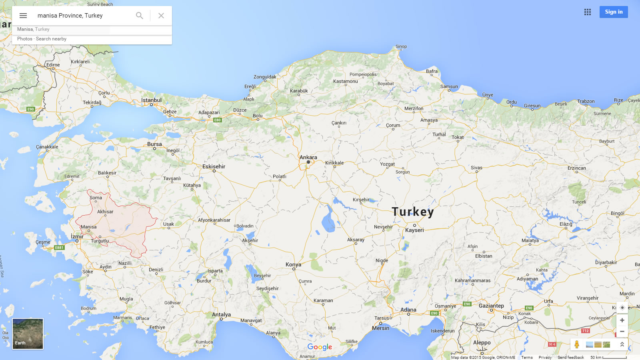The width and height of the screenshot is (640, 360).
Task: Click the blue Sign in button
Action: coord(613,12)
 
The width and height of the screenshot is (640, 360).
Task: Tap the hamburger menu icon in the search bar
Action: coord(23,16)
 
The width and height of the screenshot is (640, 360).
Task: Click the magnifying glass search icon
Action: coord(139,16)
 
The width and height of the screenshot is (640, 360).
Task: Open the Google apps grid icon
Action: coord(587,12)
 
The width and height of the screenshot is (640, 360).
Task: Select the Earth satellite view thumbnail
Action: coord(28,334)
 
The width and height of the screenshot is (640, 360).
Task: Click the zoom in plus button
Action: coord(622,320)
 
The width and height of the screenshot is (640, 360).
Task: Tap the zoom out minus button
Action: coord(622,331)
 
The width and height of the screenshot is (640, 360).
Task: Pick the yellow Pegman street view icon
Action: coord(576,344)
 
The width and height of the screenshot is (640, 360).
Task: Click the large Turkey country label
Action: coord(412,212)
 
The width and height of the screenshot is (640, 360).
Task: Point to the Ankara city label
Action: coord(308,157)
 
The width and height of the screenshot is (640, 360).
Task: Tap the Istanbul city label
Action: coord(151,100)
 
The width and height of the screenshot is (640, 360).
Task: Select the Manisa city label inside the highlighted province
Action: coord(88,227)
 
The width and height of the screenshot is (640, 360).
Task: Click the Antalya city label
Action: coord(221,314)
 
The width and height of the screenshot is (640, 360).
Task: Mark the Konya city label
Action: coord(293,264)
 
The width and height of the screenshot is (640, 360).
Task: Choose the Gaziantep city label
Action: coord(491,306)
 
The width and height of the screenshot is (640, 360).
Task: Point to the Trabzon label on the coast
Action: coord(586,101)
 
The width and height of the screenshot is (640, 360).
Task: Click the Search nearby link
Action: coord(51,39)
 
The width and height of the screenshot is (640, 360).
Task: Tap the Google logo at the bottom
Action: coord(320,347)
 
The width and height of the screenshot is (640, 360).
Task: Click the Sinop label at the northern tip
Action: coord(401,46)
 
